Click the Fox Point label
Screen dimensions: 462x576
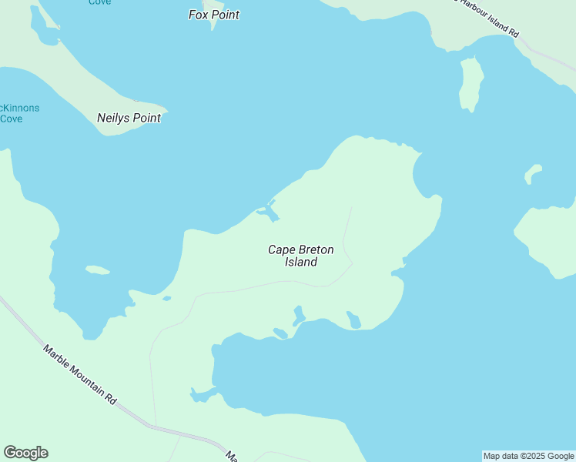pyautogui.click(x=214, y=15)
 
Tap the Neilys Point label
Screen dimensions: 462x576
pyautogui.click(x=129, y=118)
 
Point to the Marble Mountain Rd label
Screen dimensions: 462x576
pyautogui.click(x=79, y=375)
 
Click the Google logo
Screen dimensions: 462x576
pyautogui.click(x=25, y=453)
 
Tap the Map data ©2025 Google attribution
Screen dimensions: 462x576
pyautogui.click(x=528, y=456)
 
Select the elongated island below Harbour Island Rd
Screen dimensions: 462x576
pyautogui.click(x=471, y=84)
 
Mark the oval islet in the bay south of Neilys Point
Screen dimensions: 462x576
pyautogui.click(x=97, y=270)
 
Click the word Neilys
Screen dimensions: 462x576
pyautogui.click(x=114, y=118)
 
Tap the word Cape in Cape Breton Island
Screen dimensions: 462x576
pyautogui.click(x=281, y=249)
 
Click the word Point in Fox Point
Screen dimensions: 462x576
pyautogui.click(x=226, y=15)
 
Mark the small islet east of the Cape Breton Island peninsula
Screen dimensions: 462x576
pyautogui.click(x=533, y=174)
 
